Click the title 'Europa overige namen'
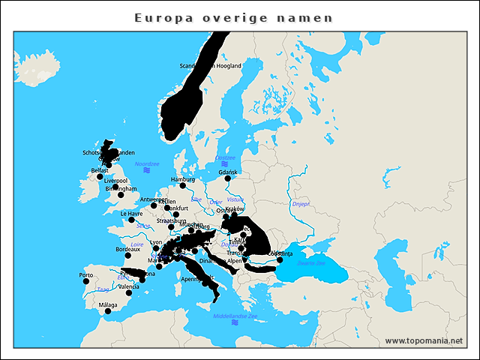coord(233,17)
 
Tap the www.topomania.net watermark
coord(423,341)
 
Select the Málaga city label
coord(108,305)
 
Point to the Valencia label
coord(128,286)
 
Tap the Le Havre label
coord(131,213)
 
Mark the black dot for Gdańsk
coord(228,178)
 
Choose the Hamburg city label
coord(182,180)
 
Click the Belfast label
coord(99,170)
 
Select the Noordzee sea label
coord(147,163)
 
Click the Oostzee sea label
coord(225,158)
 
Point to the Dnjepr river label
coord(300,203)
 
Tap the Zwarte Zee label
coord(310,263)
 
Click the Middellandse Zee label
coord(235,316)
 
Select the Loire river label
coord(136,244)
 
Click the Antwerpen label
coord(154,199)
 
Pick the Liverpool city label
coord(116,181)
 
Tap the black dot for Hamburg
coord(182,186)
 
